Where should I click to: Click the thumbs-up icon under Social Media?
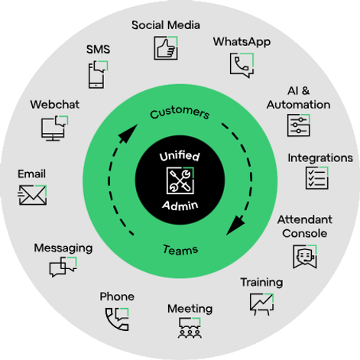coord(166,48)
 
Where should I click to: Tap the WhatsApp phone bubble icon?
coord(242,65)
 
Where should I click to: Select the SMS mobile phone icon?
coord(98,75)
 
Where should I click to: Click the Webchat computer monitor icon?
coord(54,128)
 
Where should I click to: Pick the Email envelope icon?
coord(32,195)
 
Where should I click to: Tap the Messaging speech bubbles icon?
coord(63,267)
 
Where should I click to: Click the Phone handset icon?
coord(117,319)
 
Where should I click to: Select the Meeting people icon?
coord(190,328)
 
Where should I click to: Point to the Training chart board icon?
coord(261,304)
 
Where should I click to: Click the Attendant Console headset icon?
coord(305,257)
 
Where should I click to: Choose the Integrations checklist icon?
coord(317,178)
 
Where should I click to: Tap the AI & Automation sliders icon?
coord(299,125)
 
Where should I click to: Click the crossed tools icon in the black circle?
coord(180,180)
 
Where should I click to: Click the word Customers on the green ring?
coord(180,113)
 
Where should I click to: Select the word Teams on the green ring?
coord(180,250)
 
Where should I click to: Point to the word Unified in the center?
coord(180,156)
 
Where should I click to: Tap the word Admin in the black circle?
coord(180,206)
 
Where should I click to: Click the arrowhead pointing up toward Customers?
coord(128,133)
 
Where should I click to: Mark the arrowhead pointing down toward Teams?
coord(235,225)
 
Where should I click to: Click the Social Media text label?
coord(166,25)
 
